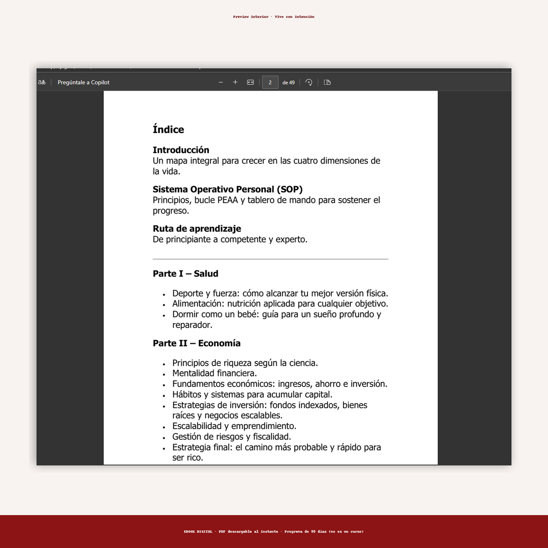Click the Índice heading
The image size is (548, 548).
168,130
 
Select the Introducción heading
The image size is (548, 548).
181,150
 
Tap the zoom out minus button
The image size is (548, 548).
221,82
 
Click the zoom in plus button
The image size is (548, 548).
235,82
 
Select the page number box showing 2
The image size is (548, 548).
270,82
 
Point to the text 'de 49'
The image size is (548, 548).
288,82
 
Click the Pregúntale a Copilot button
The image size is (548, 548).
83,82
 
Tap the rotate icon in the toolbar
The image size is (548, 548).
309,82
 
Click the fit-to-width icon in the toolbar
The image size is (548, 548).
250,82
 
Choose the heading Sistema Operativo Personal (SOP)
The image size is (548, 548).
228,189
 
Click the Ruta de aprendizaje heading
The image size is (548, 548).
197,229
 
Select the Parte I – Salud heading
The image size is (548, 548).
185,274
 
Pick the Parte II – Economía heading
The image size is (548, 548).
196,343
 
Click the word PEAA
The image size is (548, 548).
228,200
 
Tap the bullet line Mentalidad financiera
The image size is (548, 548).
215,373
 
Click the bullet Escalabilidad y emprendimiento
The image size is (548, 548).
234,426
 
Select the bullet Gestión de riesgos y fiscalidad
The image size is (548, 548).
231,437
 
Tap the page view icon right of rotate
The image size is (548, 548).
327,82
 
